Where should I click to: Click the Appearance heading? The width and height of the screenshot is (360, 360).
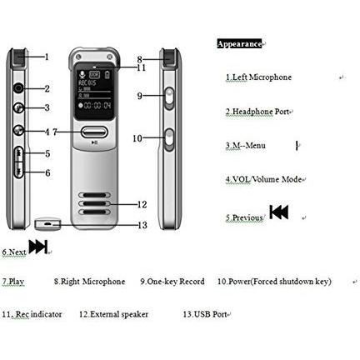tap(239, 44)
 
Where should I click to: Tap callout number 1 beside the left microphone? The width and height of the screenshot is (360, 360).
tap(47, 57)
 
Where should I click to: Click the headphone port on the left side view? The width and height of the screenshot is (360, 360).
tap(18, 88)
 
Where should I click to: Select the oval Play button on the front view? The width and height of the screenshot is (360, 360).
tap(94, 132)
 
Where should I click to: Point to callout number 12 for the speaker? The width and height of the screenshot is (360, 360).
tap(142, 204)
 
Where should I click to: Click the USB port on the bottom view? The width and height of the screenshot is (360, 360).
tap(47, 223)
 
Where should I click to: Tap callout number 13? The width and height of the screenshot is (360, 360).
tap(142, 225)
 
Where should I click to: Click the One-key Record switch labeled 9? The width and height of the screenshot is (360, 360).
tap(169, 99)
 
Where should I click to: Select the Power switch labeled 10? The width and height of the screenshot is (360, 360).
tap(169, 140)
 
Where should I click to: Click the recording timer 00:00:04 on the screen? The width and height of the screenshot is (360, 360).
tap(97, 106)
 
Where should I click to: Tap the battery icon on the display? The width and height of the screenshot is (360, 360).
tap(107, 75)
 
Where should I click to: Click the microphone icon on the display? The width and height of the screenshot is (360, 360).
tap(82, 74)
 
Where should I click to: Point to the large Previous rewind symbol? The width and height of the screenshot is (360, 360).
tap(279, 212)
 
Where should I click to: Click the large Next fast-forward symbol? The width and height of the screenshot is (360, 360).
tap(38, 247)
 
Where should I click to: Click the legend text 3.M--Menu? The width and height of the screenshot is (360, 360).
tap(246, 146)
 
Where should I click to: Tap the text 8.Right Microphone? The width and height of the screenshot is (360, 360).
tap(89, 282)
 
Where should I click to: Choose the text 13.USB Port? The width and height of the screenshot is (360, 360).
tap(205, 314)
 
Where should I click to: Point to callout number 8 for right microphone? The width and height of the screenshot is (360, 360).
tap(139, 59)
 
